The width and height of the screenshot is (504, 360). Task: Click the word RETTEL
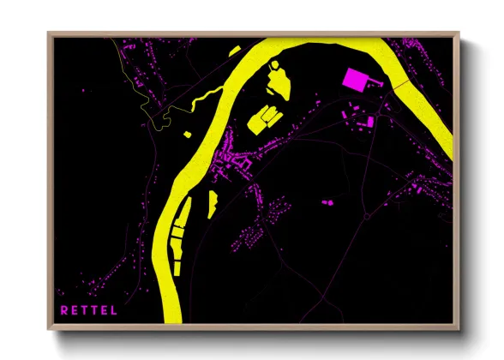[x=88, y=309]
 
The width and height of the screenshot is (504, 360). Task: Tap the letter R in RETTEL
[x=63, y=309]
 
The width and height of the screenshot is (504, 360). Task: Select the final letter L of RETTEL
[x=114, y=309]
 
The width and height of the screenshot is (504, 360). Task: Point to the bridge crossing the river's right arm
[x=403, y=85]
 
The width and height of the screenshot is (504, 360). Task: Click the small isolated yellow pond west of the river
[x=188, y=134]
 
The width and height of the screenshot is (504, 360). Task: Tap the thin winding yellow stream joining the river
[x=206, y=95]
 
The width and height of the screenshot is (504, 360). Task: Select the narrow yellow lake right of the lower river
[x=212, y=202]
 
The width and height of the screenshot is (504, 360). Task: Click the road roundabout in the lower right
[x=367, y=216]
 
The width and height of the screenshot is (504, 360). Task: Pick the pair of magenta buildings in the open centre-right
[x=327, y=202]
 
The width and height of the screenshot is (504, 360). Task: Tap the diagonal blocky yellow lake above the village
[x=262, y=118]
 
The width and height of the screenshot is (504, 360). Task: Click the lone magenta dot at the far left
[x=83, y=89]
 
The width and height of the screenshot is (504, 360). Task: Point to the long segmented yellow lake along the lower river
[x=178, y=240]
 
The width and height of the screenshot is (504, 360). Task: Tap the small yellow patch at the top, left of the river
[x=235, y=52]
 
